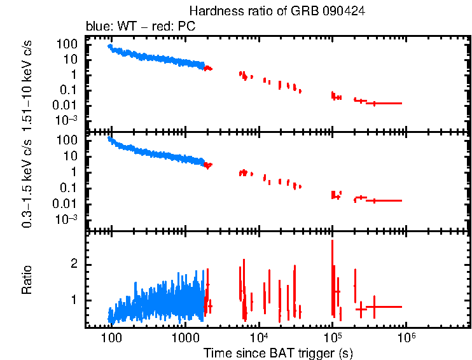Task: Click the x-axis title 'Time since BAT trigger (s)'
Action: click(278, 352)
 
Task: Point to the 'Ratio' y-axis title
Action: click(27, 280)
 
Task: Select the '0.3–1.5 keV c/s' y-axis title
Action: click(27, 180)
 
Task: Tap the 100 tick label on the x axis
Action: click(111, 337)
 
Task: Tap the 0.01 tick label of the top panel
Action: click(67, 105)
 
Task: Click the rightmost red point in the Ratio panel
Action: click(375, 307)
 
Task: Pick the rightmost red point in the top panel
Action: click(375, 103)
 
